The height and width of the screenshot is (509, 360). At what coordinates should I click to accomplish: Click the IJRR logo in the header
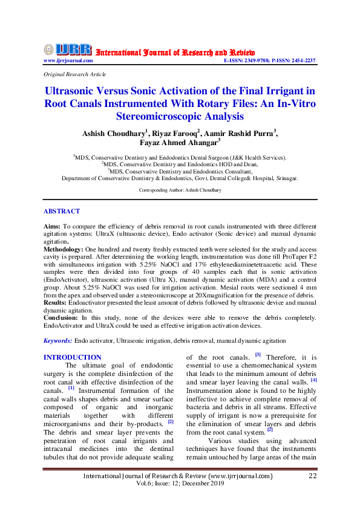pos(68,50)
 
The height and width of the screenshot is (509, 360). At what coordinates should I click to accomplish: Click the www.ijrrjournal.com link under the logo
pos(68,60)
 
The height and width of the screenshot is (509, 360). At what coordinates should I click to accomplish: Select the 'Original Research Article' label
pos(75,74)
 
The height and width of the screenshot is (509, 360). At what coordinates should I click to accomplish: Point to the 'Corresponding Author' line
pos(180,190)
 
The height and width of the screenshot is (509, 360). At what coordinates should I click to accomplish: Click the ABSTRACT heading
pos(62,211)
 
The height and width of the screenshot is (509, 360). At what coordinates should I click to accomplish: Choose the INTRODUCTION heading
pos(73,357)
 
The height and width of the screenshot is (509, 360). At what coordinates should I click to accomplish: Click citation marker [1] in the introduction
pos(71,387)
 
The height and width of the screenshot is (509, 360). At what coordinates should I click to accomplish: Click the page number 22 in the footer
pos(313,476)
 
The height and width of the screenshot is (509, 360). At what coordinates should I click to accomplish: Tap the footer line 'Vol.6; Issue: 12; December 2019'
pos(180,485)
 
